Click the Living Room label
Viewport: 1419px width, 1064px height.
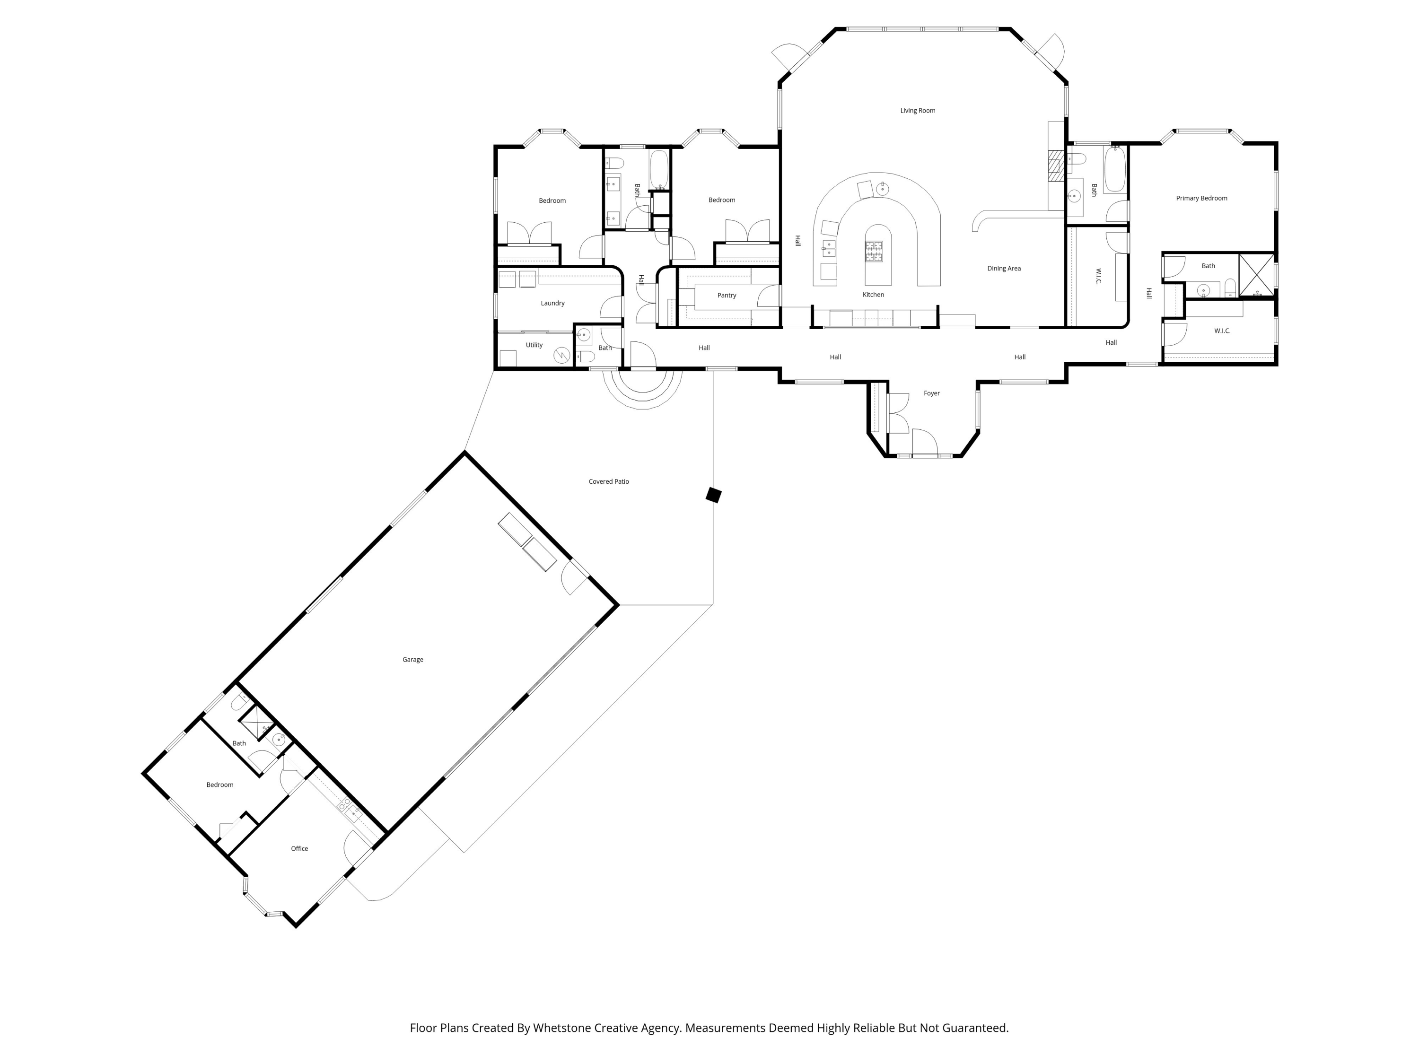coord(917,110)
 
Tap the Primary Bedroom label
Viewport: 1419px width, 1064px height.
coord(1201,198)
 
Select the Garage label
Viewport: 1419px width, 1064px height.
coord(412,659)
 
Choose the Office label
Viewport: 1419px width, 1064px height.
coord(299,848)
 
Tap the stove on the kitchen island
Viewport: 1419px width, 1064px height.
coord(874,252)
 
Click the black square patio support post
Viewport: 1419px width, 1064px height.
coord(713,495)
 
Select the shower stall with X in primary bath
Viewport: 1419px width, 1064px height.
coord(1256,275)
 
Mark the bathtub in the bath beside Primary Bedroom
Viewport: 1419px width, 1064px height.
coord(1114,169)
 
